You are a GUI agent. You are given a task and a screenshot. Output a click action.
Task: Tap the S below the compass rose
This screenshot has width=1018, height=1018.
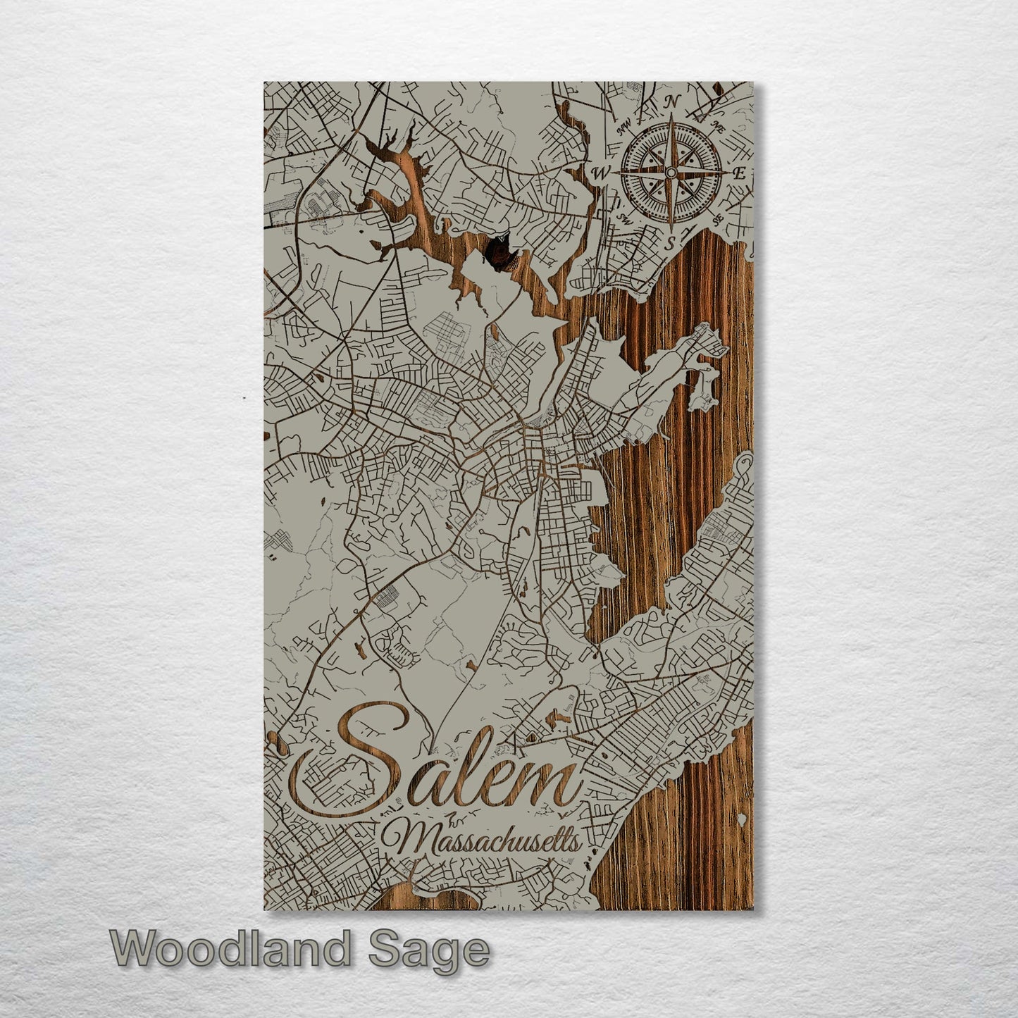pyautogui.click(x=671, y=244)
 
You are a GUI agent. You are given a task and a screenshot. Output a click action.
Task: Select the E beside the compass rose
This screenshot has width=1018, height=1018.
pyautogui.click(x=739, y=173)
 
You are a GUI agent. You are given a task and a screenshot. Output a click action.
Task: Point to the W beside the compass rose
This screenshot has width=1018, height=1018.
pyautogui.click(x=602, y=173)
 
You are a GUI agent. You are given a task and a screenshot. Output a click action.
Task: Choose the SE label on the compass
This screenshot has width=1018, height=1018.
pyautogui.click(x=718, y=220)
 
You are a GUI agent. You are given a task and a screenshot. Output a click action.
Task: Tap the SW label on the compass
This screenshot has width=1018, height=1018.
pyautogui.click(x=623, y=218)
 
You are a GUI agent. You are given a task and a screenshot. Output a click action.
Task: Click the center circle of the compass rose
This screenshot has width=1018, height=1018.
pyautogui.click(x=671, y=173)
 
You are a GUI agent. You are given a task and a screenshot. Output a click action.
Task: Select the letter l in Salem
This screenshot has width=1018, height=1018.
pyautogui.click(x=462, y=768)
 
